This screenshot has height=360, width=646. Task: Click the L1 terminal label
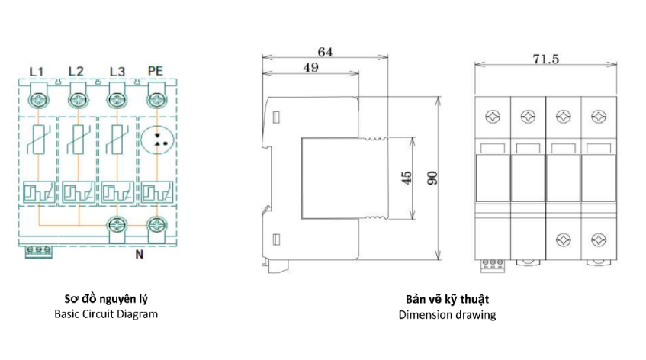click(x=37, y=72)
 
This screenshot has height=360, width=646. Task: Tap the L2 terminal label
click(x=76, y=71)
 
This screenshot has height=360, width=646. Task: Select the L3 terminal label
click(x=117, y=72)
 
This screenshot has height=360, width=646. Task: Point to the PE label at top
click(x=156, y=71)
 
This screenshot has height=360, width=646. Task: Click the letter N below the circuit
click(x=140, y=255)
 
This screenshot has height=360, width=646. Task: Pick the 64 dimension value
click(x=325, y=53)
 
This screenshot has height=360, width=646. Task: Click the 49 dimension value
click(x=311, y=68)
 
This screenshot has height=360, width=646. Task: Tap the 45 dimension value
click(x=407, y=178)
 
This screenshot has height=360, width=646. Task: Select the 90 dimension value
click(x=432, y=178)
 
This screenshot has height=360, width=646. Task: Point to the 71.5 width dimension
click(x=546, y=59)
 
